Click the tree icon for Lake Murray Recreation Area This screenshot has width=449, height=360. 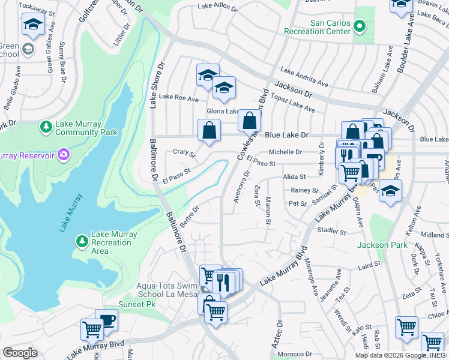click(x=82, y=241)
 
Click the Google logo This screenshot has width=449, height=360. click(x=20, y=353)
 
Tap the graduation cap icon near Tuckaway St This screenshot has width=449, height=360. click(x=33, y=25)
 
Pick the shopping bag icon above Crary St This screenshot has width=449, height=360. click(x=209, y=130)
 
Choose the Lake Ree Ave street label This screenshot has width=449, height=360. click(x=178, y=98)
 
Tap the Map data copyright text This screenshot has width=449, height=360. click(x=397, y=355)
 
